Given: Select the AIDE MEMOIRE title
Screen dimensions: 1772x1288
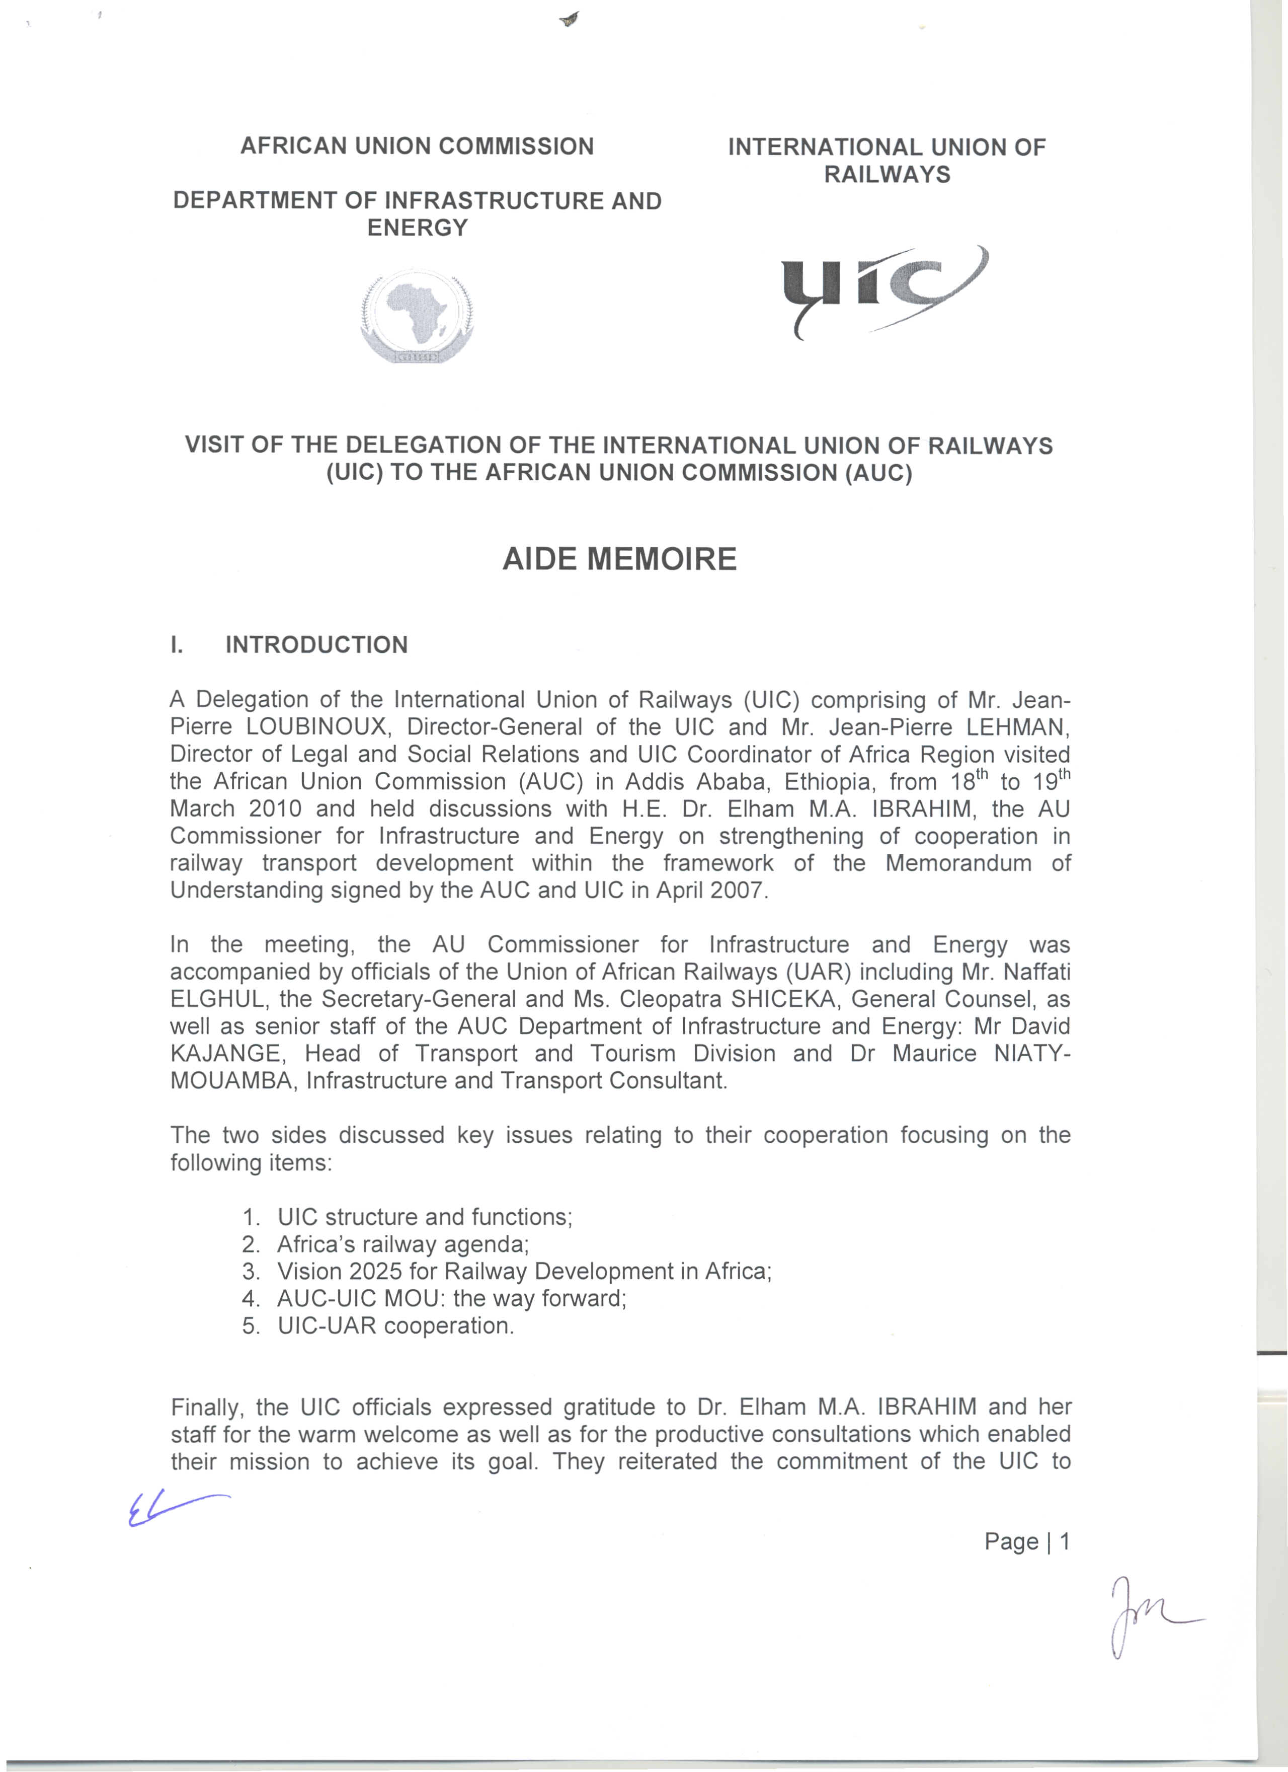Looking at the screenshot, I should [619, 559].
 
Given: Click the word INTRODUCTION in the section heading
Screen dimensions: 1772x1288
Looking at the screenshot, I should [316, 644].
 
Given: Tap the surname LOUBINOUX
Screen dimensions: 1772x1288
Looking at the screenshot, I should [316, 726].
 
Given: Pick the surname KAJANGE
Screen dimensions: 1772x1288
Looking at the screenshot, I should [225, 1053].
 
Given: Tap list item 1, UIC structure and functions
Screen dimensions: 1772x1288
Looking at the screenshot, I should [424, 1217].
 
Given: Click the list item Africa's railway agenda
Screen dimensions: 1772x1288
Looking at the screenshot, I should [403, 1244].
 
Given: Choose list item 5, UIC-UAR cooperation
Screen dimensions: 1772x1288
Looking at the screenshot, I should [395, 1326].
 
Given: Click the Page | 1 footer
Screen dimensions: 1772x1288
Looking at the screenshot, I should [1026, 1541].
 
